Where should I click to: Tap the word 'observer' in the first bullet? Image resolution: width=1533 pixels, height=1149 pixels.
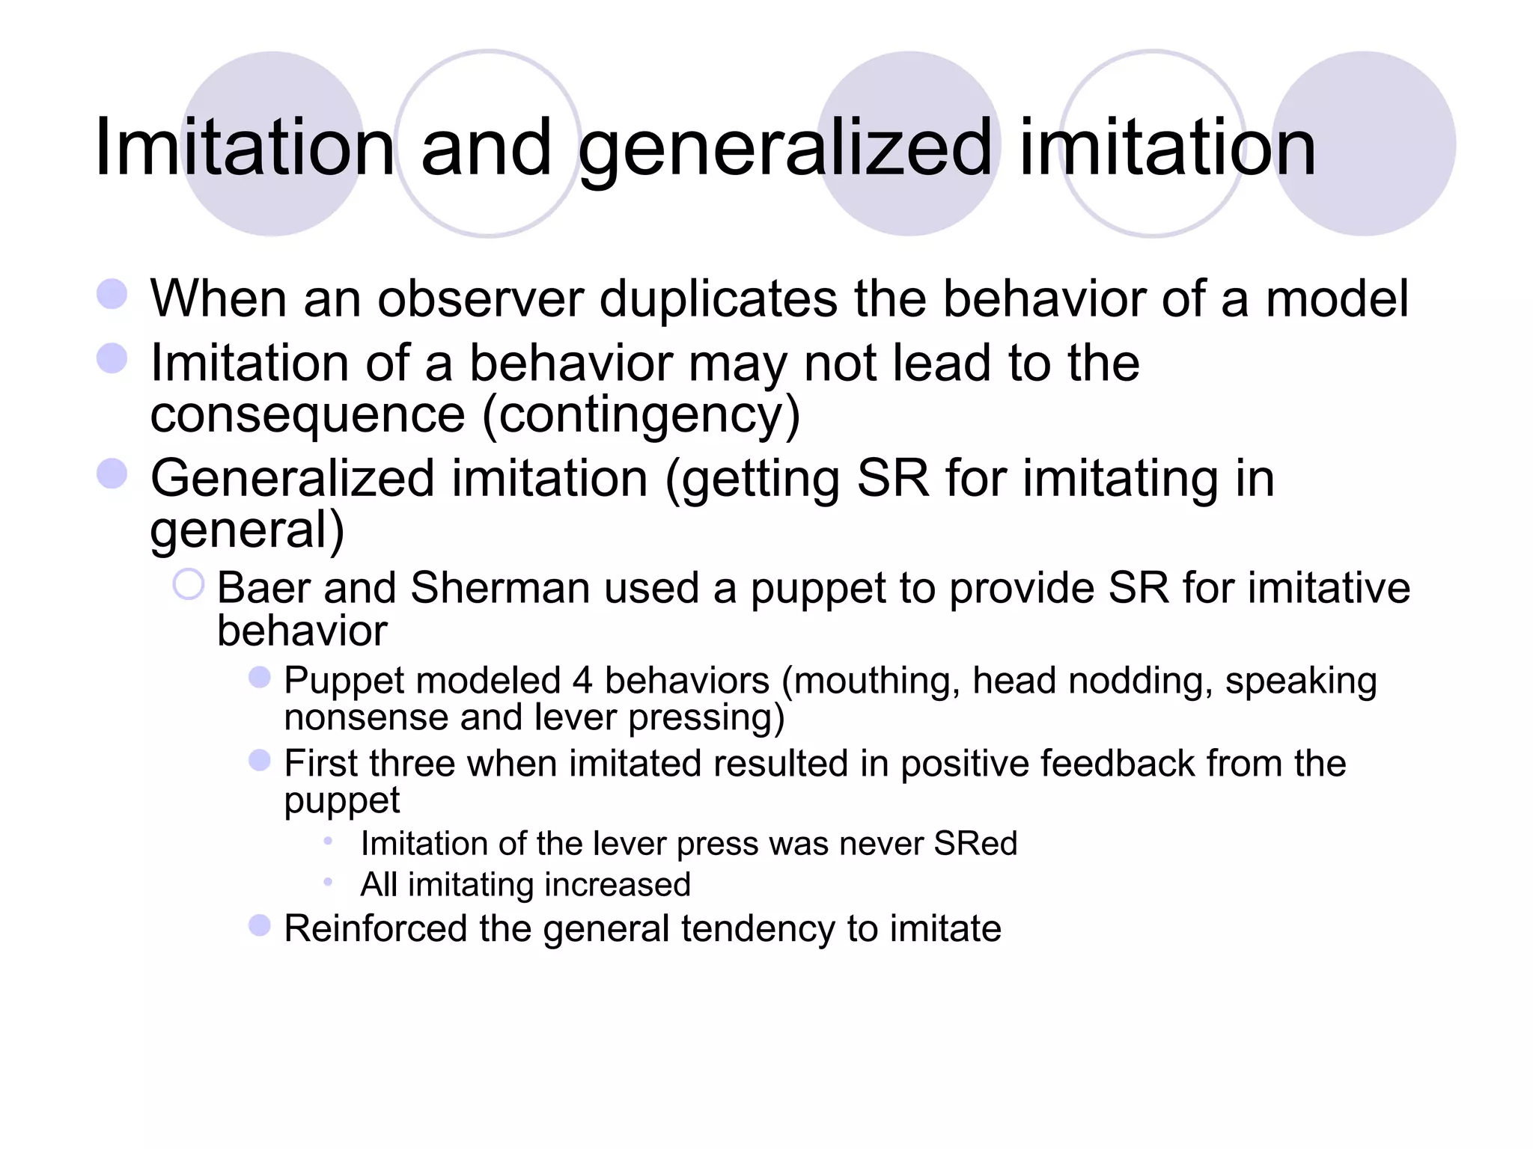[480, 299]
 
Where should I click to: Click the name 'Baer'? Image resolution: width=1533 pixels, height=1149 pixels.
[261, 588]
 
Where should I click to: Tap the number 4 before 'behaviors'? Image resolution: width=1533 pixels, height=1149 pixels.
[582, 681]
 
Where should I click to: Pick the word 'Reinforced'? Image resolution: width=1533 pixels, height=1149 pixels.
[376, 929]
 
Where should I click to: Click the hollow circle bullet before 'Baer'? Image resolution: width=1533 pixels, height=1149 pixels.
[188, 584]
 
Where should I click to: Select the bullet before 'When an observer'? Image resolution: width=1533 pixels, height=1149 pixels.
[112, 294]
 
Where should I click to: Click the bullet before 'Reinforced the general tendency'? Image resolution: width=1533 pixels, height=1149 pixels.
[259, 925]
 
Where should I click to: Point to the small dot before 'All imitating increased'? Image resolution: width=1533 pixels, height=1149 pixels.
[328, 882]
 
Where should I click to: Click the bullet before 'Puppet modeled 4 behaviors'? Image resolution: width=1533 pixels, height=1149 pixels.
[259, 678]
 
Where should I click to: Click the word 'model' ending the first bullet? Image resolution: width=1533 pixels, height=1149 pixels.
[1337, 299]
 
